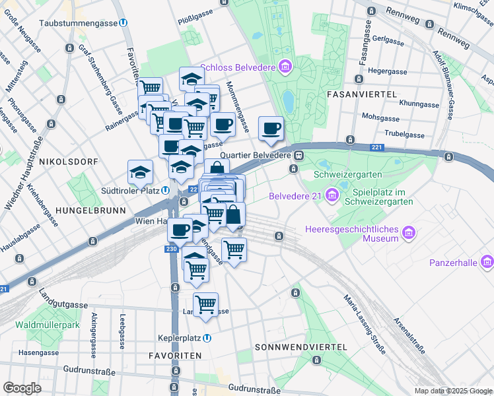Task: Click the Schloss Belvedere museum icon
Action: pyautogui.click(x=285, y=66)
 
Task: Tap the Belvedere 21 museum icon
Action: pyautogui.click(x=332, y=195)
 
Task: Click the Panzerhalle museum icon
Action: pyautogui.click(x=487, y=262)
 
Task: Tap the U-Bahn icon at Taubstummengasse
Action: pyautogui.click(x=123, y=23)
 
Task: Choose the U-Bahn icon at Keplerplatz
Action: pyautogui.click(x=207, y=338)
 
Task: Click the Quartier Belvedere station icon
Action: pyautogui.click(x=299, y=156)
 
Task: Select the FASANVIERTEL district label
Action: pyautogui.click(x=361, y=95)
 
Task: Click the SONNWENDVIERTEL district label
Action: pyautogui.click(x=300, y=346)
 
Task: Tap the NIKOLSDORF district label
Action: pyautogui.click(x=68, y=162)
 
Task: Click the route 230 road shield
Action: pyautogui.click(x=172, y=249)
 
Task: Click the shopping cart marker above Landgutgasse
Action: pyautogui.click(x=205, y=304)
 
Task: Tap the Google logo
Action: pyautogui.click(x=22, y=388)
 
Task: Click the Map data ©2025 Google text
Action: pyautogui.click(x=453, y=391)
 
